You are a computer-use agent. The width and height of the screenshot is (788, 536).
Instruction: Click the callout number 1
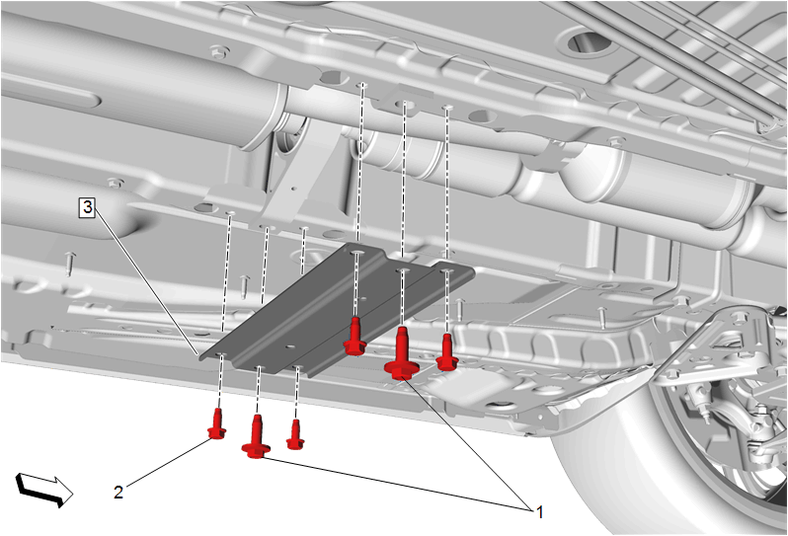click(540, 512)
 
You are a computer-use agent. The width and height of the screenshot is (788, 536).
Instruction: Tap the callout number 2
click(118, 492)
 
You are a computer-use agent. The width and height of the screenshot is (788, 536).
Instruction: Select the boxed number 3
click(88, 207)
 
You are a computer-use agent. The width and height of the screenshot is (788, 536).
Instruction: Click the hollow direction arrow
click(44, 490)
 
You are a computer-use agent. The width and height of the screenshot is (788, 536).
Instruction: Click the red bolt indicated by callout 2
click(216, 424)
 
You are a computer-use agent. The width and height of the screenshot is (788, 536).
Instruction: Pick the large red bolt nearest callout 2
click(257, 436)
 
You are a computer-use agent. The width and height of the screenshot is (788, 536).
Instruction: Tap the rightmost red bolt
click(446, 352)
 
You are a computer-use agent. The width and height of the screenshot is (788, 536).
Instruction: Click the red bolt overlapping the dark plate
click(355, 337)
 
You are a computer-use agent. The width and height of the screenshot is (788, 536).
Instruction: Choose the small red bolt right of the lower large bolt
click(295, 435)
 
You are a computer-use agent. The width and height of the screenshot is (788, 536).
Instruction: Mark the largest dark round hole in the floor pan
click(588, 42)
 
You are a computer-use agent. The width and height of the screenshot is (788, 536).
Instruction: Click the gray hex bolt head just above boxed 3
click(116, 183)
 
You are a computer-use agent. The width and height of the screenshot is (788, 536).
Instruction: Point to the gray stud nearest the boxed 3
click(70, 264)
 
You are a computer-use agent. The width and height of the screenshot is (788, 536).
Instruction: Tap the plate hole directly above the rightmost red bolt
click(446, 271)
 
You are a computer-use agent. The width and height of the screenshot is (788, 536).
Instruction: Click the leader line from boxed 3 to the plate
click(146, 283)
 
